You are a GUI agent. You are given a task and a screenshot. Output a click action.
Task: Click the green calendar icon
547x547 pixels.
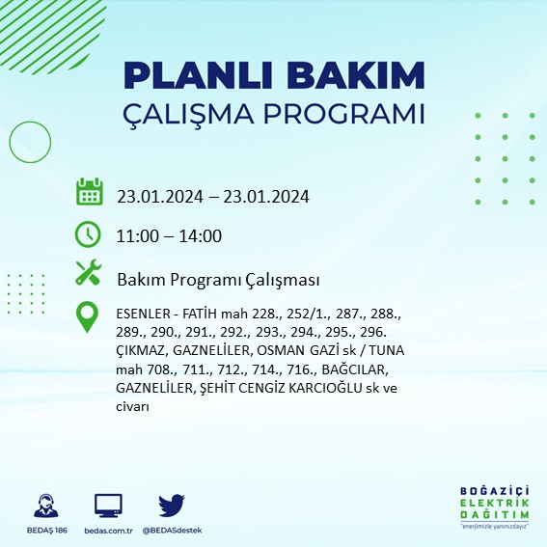(89, 191)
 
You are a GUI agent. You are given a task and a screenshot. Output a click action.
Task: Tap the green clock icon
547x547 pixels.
(89, 233)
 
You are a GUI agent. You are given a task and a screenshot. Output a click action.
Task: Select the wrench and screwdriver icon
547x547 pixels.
(89, 274)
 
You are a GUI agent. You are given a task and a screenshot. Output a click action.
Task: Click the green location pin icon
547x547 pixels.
(89, 317)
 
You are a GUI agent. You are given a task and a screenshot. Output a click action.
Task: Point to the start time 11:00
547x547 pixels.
(137, 236)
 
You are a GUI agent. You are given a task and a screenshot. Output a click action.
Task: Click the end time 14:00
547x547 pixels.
(201, 236)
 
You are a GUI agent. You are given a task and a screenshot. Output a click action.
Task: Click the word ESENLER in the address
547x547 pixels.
(143, 314)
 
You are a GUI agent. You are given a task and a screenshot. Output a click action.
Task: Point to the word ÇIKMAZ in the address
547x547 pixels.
(142, 351)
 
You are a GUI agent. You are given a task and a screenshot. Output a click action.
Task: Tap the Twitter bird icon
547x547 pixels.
(171, 505)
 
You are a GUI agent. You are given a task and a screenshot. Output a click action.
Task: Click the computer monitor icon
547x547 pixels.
(108, 505)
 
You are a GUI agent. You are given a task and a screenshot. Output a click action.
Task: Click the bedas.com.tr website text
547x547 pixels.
(108, 531)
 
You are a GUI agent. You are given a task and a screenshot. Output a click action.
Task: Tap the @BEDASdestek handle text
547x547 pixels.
(172, 531)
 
